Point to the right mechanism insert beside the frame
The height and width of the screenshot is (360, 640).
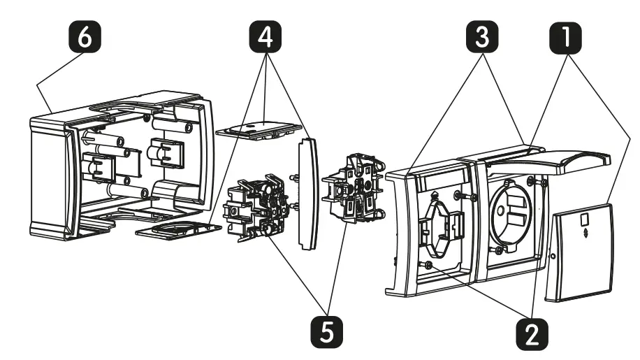point(353,188)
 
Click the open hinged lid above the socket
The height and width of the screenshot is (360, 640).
point(548,161)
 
